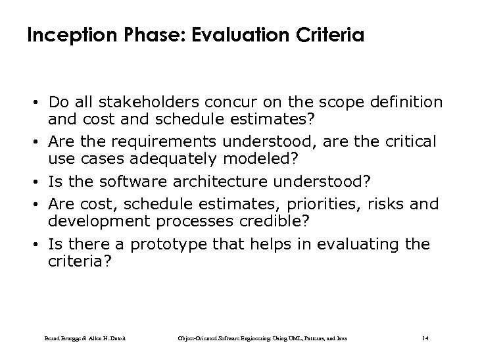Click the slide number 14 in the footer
424,338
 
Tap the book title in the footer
262,338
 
